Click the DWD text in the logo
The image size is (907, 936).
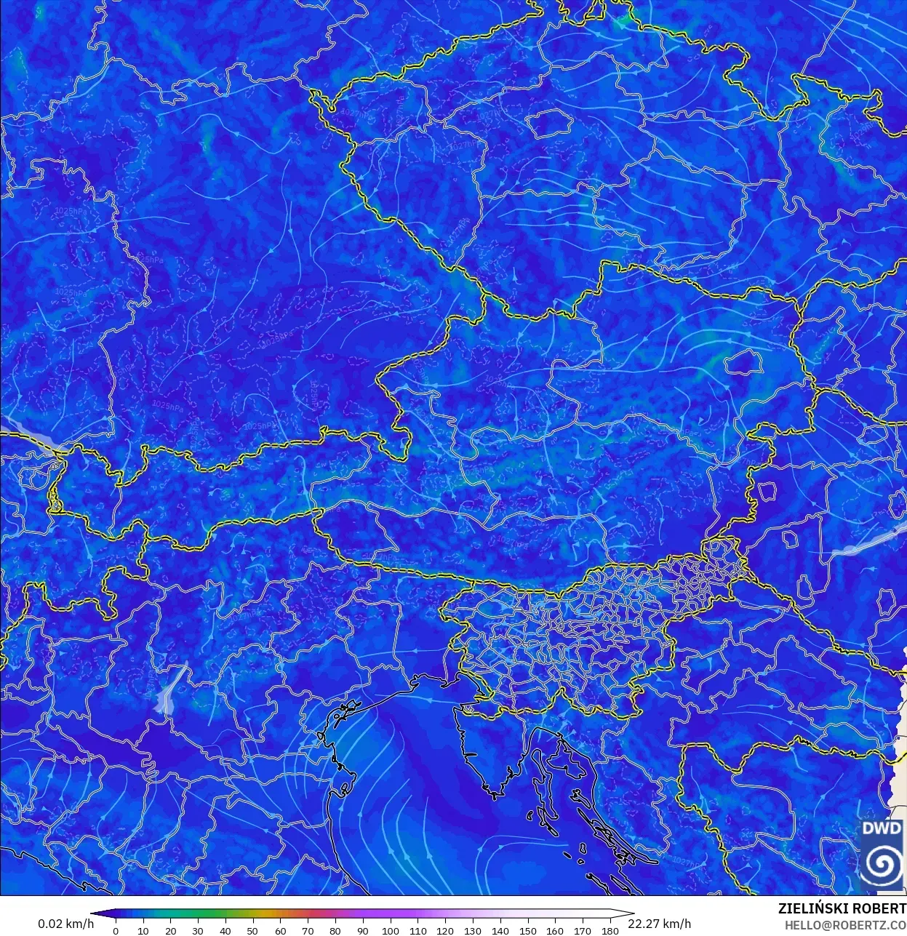click(x=882, y=829)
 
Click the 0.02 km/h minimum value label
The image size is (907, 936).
click(x=65, y=924)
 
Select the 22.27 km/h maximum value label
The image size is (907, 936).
click(x=660, y=924)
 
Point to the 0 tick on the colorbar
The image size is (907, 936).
click(x=116, y=930)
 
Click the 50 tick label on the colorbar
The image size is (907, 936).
click(x=252, y=930)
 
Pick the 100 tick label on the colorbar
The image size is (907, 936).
click(x=390, y=930)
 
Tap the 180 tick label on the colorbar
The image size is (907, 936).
click(x=610, y=930)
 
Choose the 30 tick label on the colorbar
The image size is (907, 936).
click(x=198, y=930)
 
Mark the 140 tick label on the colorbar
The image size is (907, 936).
click(x=500, y=930)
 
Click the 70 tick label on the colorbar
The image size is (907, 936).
click(x=308, y=930)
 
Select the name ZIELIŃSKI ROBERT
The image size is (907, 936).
click(x=842, y=908)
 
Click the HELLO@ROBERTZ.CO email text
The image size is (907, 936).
click(x=844, y=925)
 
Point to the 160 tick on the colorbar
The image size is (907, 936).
click(x=555, y=930)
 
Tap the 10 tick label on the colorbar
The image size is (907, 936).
click(x=143, y=930)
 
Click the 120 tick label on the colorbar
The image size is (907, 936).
click(x=445, y=930)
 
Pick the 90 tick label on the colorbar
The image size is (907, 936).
click(x=363, y=930)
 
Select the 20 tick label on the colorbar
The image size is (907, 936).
click(x=170, y=930)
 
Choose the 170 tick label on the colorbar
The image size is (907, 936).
click(x=583, y=930)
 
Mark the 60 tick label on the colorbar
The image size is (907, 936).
click(x=280, y=930)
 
